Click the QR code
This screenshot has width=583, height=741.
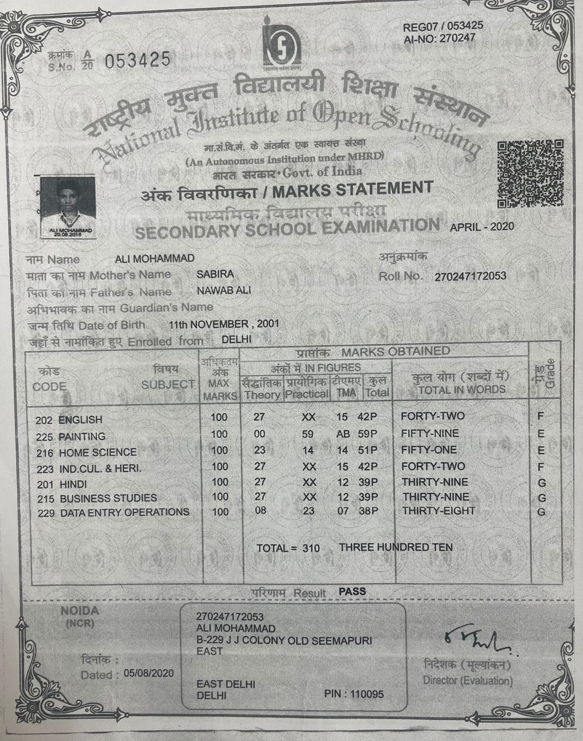pos(530,174)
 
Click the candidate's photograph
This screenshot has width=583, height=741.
pos(68,206)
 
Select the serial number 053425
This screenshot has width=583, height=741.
pos(138,60)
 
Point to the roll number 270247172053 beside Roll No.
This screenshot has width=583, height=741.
pos(470,276)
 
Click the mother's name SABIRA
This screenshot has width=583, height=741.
pos(215,274)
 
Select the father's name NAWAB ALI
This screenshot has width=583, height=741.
pos(224,290)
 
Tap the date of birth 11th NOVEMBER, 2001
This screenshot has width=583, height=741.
pos(224,323)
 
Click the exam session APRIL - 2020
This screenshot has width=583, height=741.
pos(482,226)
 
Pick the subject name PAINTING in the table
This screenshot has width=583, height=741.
pos(82,436)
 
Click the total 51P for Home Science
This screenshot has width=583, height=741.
pos(368,450)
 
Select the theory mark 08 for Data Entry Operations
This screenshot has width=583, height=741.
pos(260,511)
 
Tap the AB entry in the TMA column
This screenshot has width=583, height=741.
pos(342,434)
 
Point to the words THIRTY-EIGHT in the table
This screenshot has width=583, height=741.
pos(438,511)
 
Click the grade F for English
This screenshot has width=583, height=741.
pos(540,416)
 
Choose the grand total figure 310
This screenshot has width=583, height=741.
pos(311,548)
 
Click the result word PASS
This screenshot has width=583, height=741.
pos(352,591)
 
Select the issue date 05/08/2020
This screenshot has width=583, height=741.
pos(149,673)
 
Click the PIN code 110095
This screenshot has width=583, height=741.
pos(367,694)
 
